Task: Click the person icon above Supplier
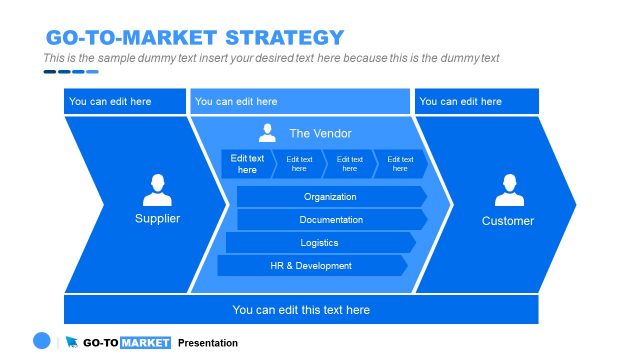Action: [x=157, y=190]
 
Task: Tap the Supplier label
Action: [x=157, y=218]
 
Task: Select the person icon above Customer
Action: [x=508, y=190]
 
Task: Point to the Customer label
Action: [x=508, y=221]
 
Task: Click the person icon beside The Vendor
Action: [x=267, y=133]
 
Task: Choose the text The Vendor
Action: [x=320, y=133]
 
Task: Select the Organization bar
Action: [x=331, y=197]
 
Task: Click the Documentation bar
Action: [x=331, y=220]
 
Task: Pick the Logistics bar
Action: [x=319, y=243]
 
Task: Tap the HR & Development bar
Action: [x=311, y=266]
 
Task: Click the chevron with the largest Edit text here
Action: [x=247, y=164]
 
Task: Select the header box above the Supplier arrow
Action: [x=125, y=101]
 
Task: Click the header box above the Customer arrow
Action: [x=476, y=101]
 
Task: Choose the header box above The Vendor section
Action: [x=300, y=101]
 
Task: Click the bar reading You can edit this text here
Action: [x=301, y=310]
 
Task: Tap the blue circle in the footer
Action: [x=41, y=341]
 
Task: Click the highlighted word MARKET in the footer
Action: [x=145, y=343]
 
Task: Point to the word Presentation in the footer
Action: [x=208, y=343]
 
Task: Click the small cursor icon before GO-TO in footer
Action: [x=72, y=343]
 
